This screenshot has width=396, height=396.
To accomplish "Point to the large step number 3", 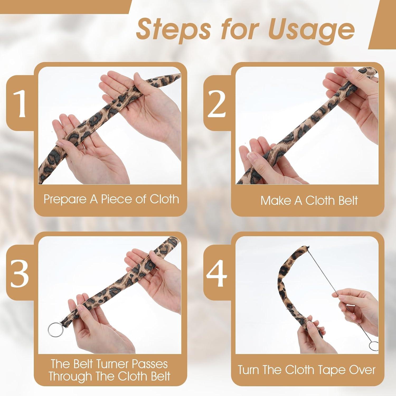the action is [20, 273].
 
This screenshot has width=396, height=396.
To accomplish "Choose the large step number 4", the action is [217, 274].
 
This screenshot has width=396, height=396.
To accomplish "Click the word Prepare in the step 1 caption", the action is [66, 199].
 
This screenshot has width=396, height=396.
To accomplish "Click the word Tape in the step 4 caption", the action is [334, 370].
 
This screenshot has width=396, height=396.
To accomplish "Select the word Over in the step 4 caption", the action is [362, 370].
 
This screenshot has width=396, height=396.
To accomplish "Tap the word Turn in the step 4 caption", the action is [249, 370].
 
